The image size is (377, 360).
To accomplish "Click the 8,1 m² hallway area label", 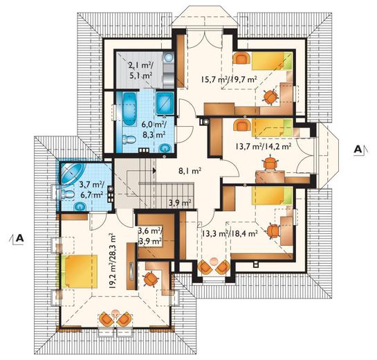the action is (x=190, y=171).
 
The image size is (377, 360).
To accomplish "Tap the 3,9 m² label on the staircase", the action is (x=180, y=204).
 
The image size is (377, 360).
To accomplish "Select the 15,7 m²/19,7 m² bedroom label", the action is (x=229, y=80).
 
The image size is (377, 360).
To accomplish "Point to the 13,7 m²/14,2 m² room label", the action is (x=264, y=146).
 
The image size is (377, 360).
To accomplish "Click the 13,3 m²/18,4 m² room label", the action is (x=230, y=233).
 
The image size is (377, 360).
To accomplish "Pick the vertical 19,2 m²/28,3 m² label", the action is (x=112, y=261).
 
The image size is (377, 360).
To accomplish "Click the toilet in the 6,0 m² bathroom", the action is (x=129, y=140).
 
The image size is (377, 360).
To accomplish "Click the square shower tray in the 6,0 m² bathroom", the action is (x=165, y=103).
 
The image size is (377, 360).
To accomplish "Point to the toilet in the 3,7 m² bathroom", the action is (x=66, y=194).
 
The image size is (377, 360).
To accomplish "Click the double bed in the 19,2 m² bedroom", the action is (x=80, y=271).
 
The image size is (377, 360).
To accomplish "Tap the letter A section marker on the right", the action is (x=358, y=150).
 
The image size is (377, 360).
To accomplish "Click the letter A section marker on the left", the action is (x=20, y=238).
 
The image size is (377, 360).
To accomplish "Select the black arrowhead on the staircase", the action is (x=154, y=170).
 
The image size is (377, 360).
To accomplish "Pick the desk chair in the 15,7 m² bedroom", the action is (x=271, y=97).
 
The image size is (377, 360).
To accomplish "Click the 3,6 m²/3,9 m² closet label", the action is (x=150, y=236).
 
